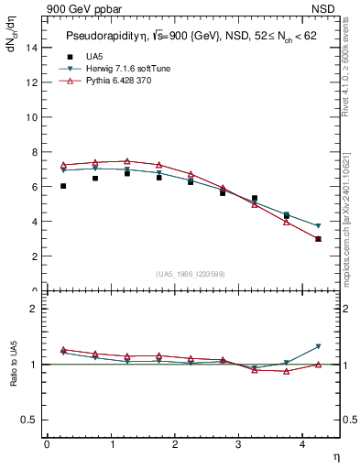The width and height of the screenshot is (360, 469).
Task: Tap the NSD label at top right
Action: tap(323, 7)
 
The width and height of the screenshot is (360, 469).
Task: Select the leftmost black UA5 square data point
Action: tap(63, 186)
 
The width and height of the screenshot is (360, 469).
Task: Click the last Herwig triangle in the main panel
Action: tap(318, 225)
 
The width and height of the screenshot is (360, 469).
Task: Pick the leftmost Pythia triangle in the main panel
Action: tap(63, 165)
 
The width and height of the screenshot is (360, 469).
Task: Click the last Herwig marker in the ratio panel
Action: tap(318, 346)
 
